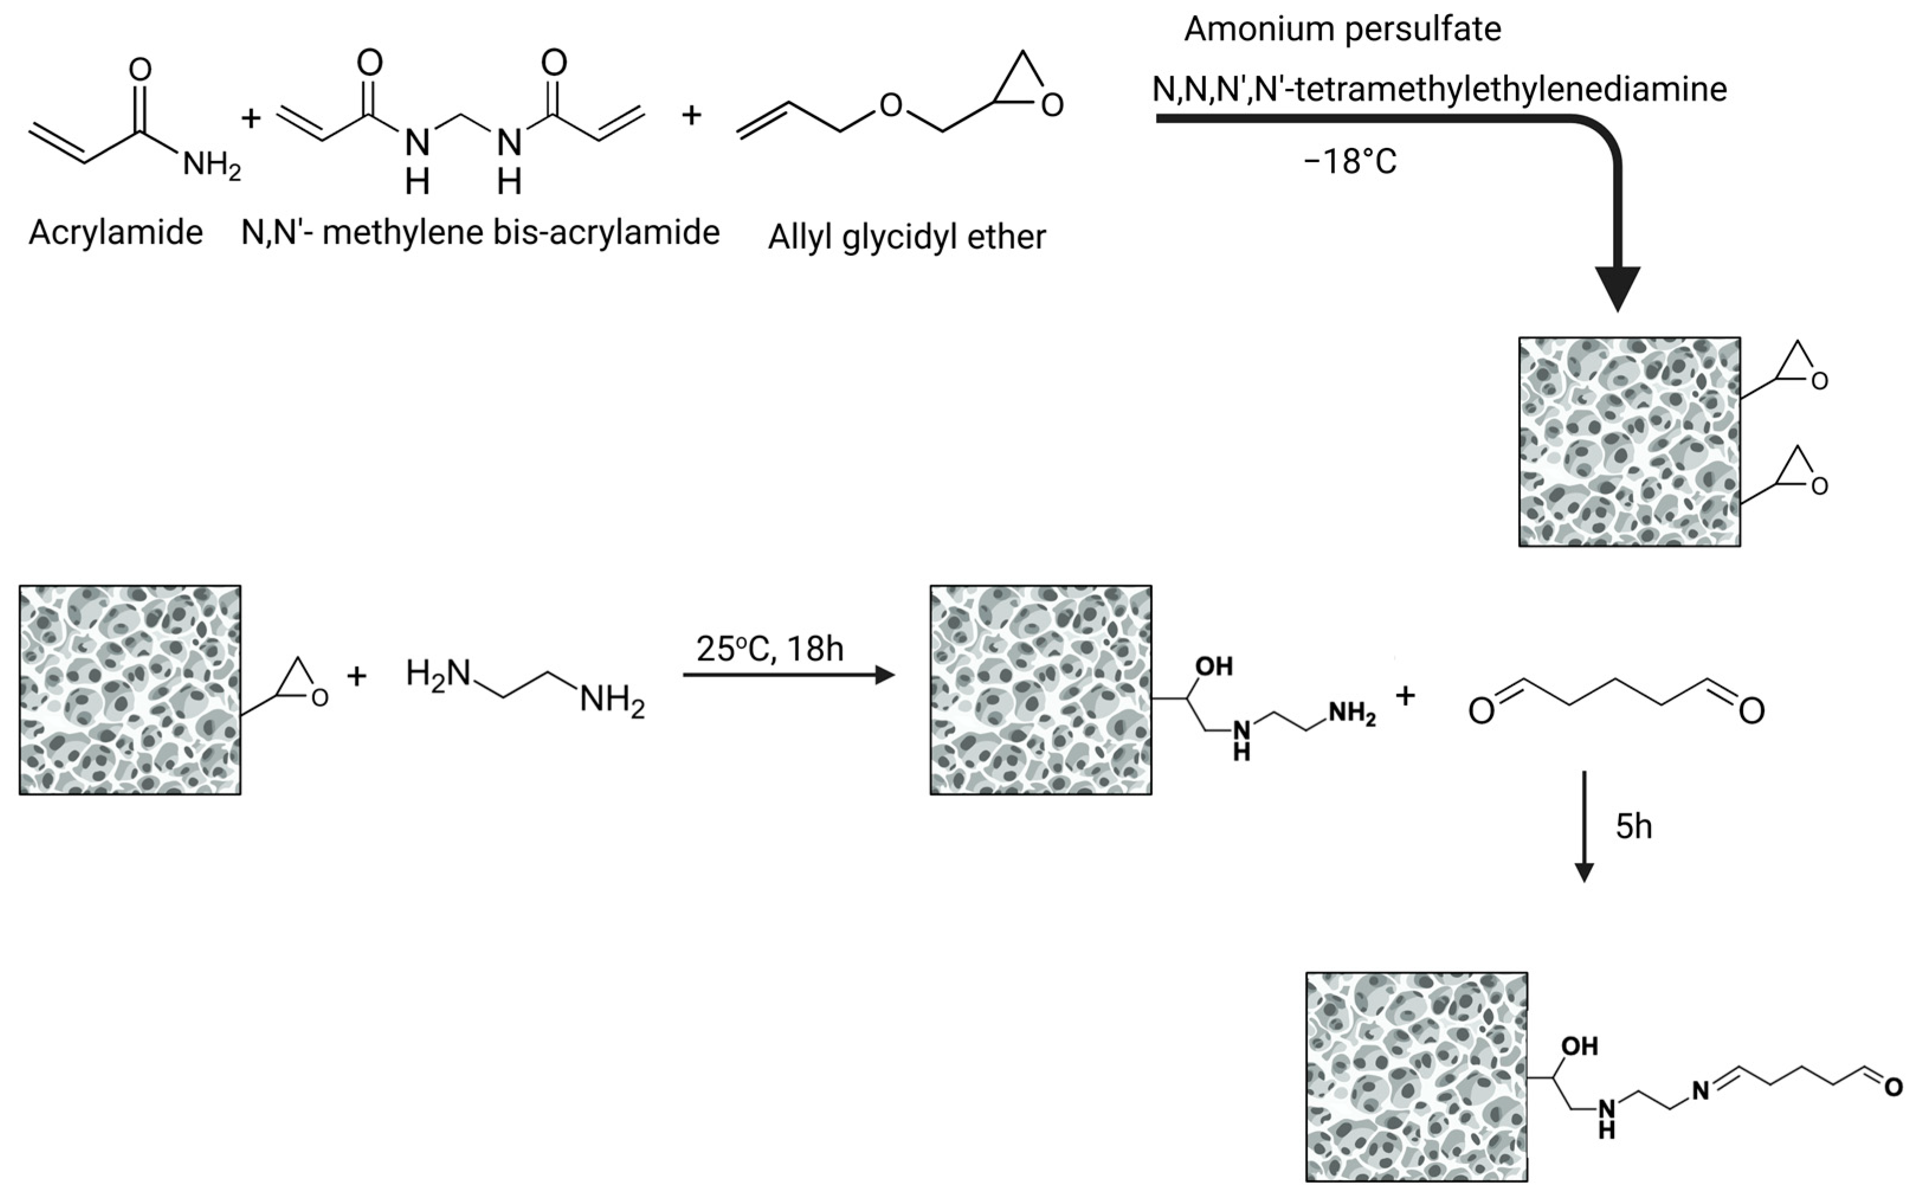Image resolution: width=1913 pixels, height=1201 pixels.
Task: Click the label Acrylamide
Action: click(x=115, y=233)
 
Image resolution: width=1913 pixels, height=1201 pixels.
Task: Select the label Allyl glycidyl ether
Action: click(x=907, y=237)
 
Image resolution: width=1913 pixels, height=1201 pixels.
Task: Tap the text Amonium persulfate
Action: click(x=1342, y=30)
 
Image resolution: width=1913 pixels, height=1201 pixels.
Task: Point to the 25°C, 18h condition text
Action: click(x=769, y=649)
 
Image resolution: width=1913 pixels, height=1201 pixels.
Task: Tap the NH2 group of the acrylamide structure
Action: click(x=211, y=166)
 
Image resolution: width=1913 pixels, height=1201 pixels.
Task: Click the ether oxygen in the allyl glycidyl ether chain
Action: click(x=891, y=105)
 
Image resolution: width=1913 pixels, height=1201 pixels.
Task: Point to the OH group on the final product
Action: click(x=1579, y=1046)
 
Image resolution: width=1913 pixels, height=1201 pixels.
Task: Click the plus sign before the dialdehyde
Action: click(x=1405, y=696)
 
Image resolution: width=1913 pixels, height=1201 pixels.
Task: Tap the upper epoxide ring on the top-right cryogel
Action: click(x=1800, y=366)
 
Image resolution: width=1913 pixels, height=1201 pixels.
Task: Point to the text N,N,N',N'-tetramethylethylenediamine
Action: click(x=1438, y=89)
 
